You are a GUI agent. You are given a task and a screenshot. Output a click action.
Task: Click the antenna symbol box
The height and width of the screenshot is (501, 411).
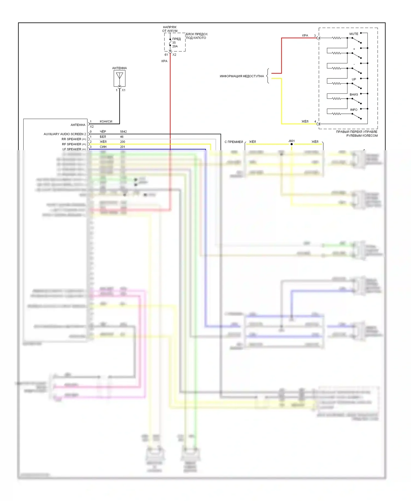(x=119, y=78)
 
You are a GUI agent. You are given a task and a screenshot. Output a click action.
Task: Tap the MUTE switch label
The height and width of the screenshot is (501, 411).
(x=353, y=34)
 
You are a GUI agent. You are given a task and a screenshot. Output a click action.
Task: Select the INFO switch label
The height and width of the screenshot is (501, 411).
(x=353, y=110)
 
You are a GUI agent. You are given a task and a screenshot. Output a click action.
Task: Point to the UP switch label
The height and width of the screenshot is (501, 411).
(x=354, y=79)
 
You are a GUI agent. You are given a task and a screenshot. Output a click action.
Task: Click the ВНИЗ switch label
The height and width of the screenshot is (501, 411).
(x=353, y=95)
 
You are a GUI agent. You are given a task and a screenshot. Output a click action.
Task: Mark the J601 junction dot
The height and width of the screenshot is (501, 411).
(x=292, y=144)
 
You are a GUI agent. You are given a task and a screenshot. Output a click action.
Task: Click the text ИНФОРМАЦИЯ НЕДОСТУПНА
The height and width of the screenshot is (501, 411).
(x=242, y=76)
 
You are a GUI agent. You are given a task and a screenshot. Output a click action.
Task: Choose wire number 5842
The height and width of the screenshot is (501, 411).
(x=123, y=132)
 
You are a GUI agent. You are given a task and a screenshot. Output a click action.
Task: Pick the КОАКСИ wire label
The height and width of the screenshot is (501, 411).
(x=106, y=121)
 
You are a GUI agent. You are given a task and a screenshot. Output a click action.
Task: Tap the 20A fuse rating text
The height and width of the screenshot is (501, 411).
(x=175, y=46)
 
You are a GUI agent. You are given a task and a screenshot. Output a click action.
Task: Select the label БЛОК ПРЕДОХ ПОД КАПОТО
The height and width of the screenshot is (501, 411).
(x=197, y=36)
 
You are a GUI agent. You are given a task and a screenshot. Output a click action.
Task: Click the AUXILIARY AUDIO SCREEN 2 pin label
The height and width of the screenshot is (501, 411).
(x=65, y=134)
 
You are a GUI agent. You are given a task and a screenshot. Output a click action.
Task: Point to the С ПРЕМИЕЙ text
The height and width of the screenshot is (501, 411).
(x=234, y=142)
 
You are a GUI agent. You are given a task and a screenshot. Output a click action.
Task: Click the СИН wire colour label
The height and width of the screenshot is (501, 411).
(x=103, y=147)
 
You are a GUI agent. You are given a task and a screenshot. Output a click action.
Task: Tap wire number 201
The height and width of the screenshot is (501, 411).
(x=122, y=147)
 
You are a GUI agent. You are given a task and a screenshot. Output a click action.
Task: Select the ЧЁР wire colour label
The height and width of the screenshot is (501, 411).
(x=103, y=132)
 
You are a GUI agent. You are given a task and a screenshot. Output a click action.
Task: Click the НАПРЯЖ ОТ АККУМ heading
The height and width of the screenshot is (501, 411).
(x=170, y=29)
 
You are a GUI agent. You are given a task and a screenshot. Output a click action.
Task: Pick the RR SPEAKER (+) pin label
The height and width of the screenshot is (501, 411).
(x=74, y=139)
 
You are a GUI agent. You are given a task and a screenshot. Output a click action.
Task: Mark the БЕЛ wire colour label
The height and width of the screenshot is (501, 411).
(x=103, y=137)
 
